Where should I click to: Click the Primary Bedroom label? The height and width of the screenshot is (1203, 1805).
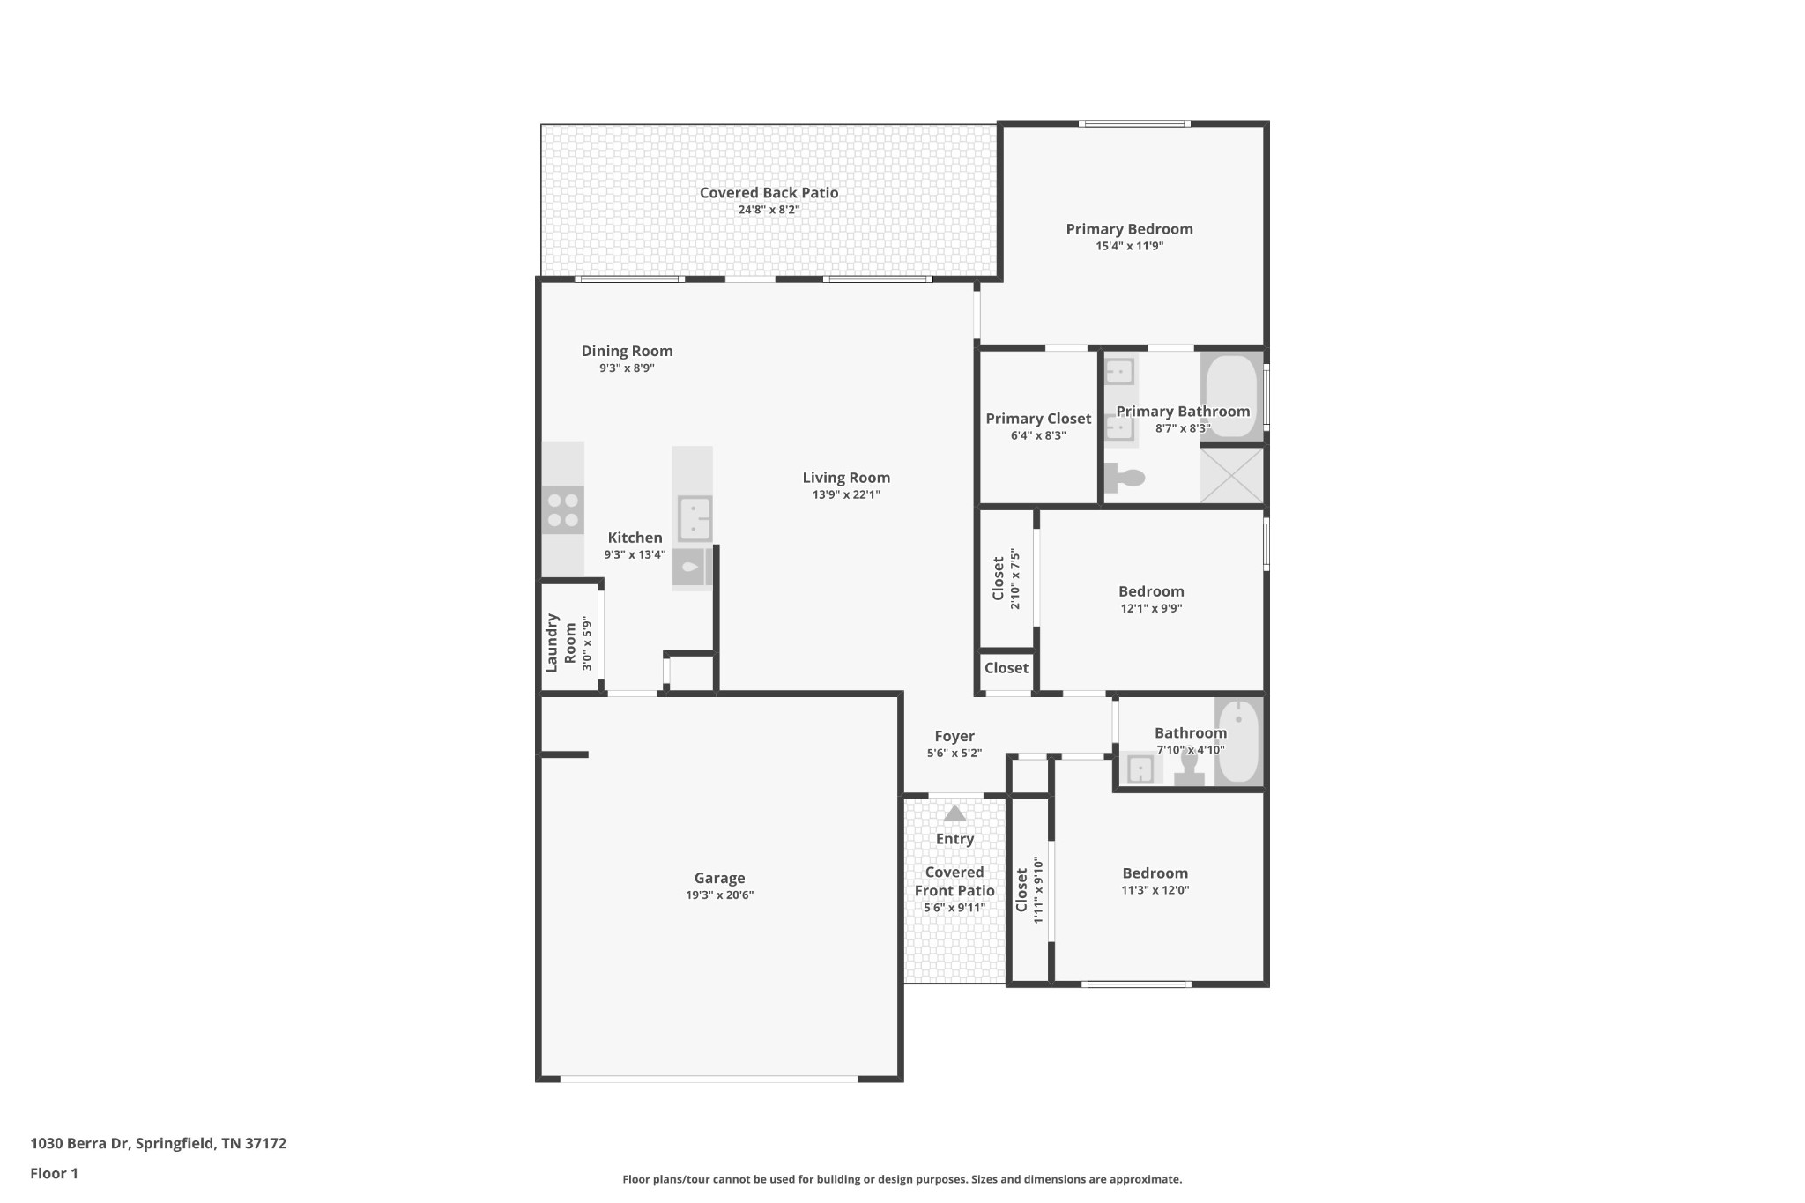1129,229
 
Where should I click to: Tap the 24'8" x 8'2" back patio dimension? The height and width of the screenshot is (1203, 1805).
769,210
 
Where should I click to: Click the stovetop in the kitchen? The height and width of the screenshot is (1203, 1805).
562,509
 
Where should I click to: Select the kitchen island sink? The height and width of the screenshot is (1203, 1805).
695,519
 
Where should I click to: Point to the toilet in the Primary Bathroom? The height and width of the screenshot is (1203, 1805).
1125,478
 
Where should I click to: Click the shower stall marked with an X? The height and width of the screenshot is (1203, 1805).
1231,476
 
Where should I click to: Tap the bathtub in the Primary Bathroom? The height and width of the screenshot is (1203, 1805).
1230,396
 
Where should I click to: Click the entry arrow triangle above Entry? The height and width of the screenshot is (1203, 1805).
954,813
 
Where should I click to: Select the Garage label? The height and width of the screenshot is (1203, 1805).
719,878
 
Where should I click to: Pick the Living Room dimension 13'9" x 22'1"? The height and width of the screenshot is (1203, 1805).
846,494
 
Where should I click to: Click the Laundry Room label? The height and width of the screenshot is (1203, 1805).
561,642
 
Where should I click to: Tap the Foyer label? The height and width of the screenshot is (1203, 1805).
954,736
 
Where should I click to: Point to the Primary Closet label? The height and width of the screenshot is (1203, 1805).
1038,419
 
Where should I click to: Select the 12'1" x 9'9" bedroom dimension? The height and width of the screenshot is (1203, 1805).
1151,608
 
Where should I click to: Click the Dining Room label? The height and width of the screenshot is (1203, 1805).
627,351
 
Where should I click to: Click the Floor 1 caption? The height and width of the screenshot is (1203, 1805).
54,1173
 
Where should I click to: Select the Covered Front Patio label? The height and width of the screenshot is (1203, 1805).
954,881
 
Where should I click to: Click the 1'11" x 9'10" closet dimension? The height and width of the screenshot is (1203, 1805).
1038,890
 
